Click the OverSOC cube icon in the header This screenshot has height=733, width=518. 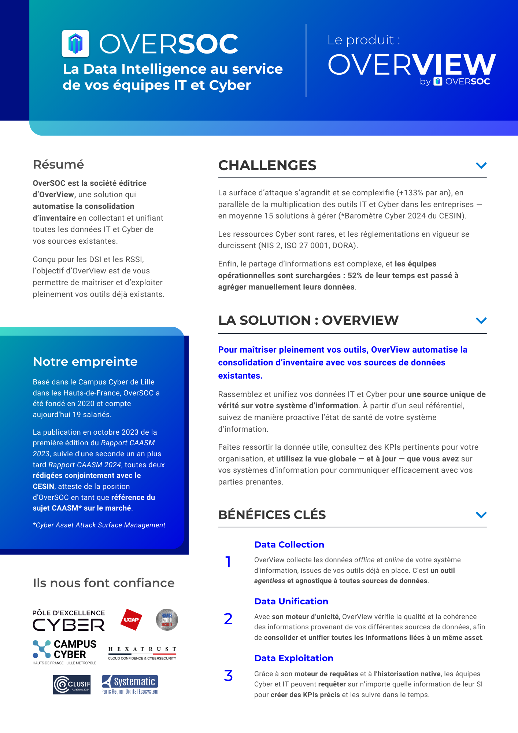pos(75,44)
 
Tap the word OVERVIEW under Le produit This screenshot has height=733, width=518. pos(411,65)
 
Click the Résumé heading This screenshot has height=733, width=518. pos(58,165)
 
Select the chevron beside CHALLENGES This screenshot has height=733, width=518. pos(481,166)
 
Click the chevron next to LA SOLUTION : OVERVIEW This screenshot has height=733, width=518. pos(481,321)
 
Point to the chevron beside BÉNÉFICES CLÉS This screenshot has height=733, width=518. pos(481,515)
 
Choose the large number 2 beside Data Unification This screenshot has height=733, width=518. pos(228,619)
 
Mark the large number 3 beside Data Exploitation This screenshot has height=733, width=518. pos(228,676)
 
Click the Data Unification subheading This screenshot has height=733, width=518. pos(291,601)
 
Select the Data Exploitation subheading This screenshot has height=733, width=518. pos(294,658)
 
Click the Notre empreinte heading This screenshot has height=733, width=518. pos(85,362)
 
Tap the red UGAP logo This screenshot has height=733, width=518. pos(131,620)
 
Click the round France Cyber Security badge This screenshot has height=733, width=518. pos(167,620)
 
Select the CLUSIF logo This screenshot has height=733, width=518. pos(72,685)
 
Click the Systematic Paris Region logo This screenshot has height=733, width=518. pos(130,685)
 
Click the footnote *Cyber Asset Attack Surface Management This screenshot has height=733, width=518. pos(99,525)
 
